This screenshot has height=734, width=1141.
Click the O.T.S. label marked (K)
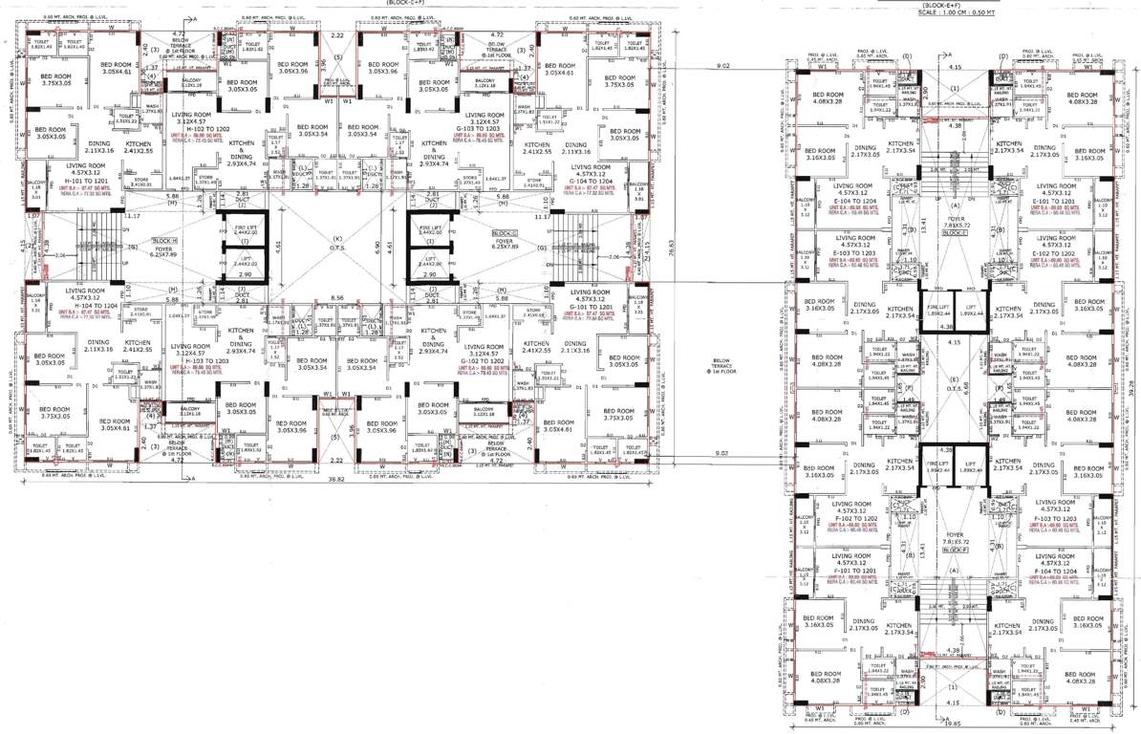coord(336,245)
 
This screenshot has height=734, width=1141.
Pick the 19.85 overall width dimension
coord(957,726)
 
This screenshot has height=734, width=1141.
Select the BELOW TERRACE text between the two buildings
coord(721,366)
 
